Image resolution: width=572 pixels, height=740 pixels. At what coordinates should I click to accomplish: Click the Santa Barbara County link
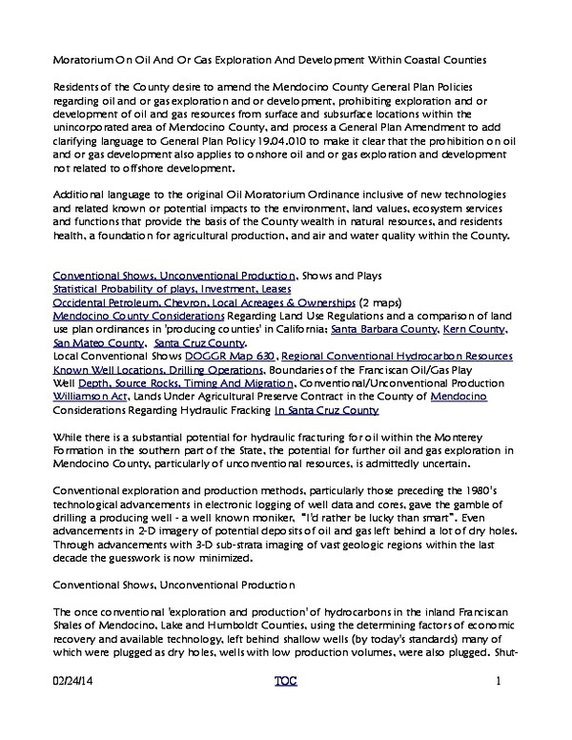coord(387,329)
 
